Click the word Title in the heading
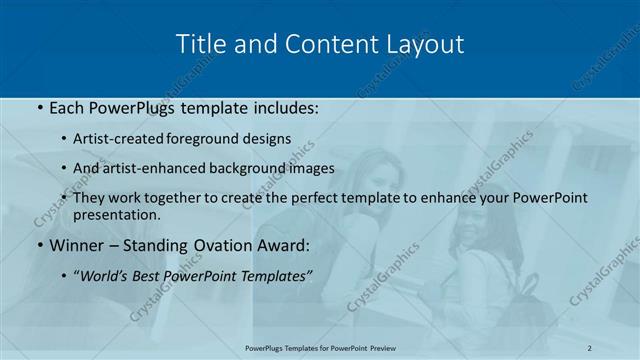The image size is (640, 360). pyautogui.click(x=199, y=45)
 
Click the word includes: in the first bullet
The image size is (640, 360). pyautogui.click(x=281, y=108)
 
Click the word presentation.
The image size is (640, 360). pyautogui.click(x=117, y=214)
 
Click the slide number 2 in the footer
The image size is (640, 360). pyautogui.click(x=589, y=347)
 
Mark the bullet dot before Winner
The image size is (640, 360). pyautogui.click(x=39, y=246)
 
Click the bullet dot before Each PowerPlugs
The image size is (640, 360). pyautogui.click(x=39, y=108)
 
